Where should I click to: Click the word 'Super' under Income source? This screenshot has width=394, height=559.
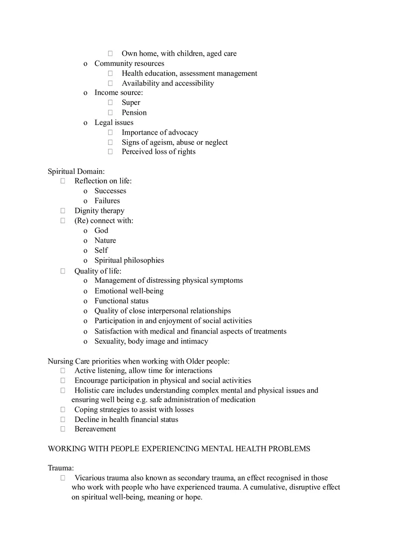tap(131, 103)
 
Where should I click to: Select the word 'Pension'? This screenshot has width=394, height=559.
tap(134, 113)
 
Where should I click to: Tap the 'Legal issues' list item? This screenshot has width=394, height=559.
tap(114, 122)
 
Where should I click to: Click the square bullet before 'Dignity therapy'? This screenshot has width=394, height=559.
tap(63, 211)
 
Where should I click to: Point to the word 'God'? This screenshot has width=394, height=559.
tap(101, 230)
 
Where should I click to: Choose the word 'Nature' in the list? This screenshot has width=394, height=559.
tap(105, 240)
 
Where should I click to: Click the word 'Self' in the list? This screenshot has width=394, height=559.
tap(101, 250)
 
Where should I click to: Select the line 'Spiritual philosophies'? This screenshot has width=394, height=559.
tap(129, 260)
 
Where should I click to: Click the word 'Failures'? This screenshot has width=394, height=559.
tap(107, 201)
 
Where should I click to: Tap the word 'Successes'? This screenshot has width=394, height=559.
tap(110, 191)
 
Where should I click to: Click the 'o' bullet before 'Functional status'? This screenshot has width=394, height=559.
tap(85, 301)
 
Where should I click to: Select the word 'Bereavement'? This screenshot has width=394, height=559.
tap(95, 429)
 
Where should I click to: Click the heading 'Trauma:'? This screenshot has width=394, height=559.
tap(60, 468)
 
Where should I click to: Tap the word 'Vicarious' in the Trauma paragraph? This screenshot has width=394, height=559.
tap(90, 478)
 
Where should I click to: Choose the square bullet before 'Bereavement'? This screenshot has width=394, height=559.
tap(63, 429)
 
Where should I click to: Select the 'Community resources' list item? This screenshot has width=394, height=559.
tap(129, 64)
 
